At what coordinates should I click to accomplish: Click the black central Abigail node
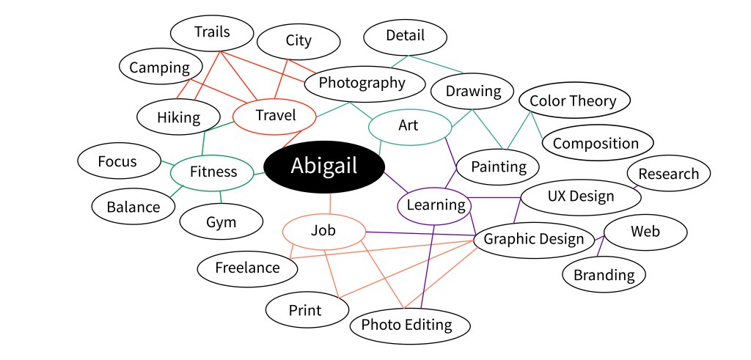coord(324,167)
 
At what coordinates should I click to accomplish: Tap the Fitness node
coord(212,172)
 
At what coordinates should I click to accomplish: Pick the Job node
coord(323,232)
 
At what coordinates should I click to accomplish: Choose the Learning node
coord(435,206)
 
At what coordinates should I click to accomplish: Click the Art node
coord(410,127)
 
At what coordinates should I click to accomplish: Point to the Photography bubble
coord(364,84)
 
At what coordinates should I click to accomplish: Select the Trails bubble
coord(212,33)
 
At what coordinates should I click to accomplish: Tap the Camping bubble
coord(160,67)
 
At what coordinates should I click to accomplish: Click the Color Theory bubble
coord(574,100)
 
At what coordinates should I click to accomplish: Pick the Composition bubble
coord(597,143)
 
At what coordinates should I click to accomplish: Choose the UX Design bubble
coord(581,197)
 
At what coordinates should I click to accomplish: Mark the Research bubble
coord(669,173)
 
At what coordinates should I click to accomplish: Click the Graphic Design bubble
coord(534,240)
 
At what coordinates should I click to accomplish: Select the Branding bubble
coord(604,274)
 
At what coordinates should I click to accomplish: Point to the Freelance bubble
coord(247,268)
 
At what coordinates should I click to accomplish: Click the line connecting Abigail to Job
coord(331,203)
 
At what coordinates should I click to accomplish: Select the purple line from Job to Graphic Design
coord(420,234)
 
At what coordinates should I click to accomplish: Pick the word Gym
coord(221,222)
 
